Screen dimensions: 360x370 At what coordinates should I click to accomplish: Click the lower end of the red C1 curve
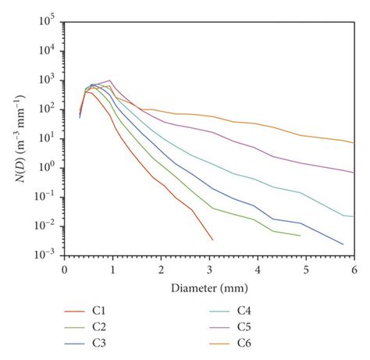coord(212,240)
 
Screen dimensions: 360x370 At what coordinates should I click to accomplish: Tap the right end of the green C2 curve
coord(300,235)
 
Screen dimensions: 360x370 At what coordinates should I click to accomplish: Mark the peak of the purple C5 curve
coord(110,80)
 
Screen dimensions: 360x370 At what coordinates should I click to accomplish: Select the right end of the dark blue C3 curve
coord(343,244)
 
